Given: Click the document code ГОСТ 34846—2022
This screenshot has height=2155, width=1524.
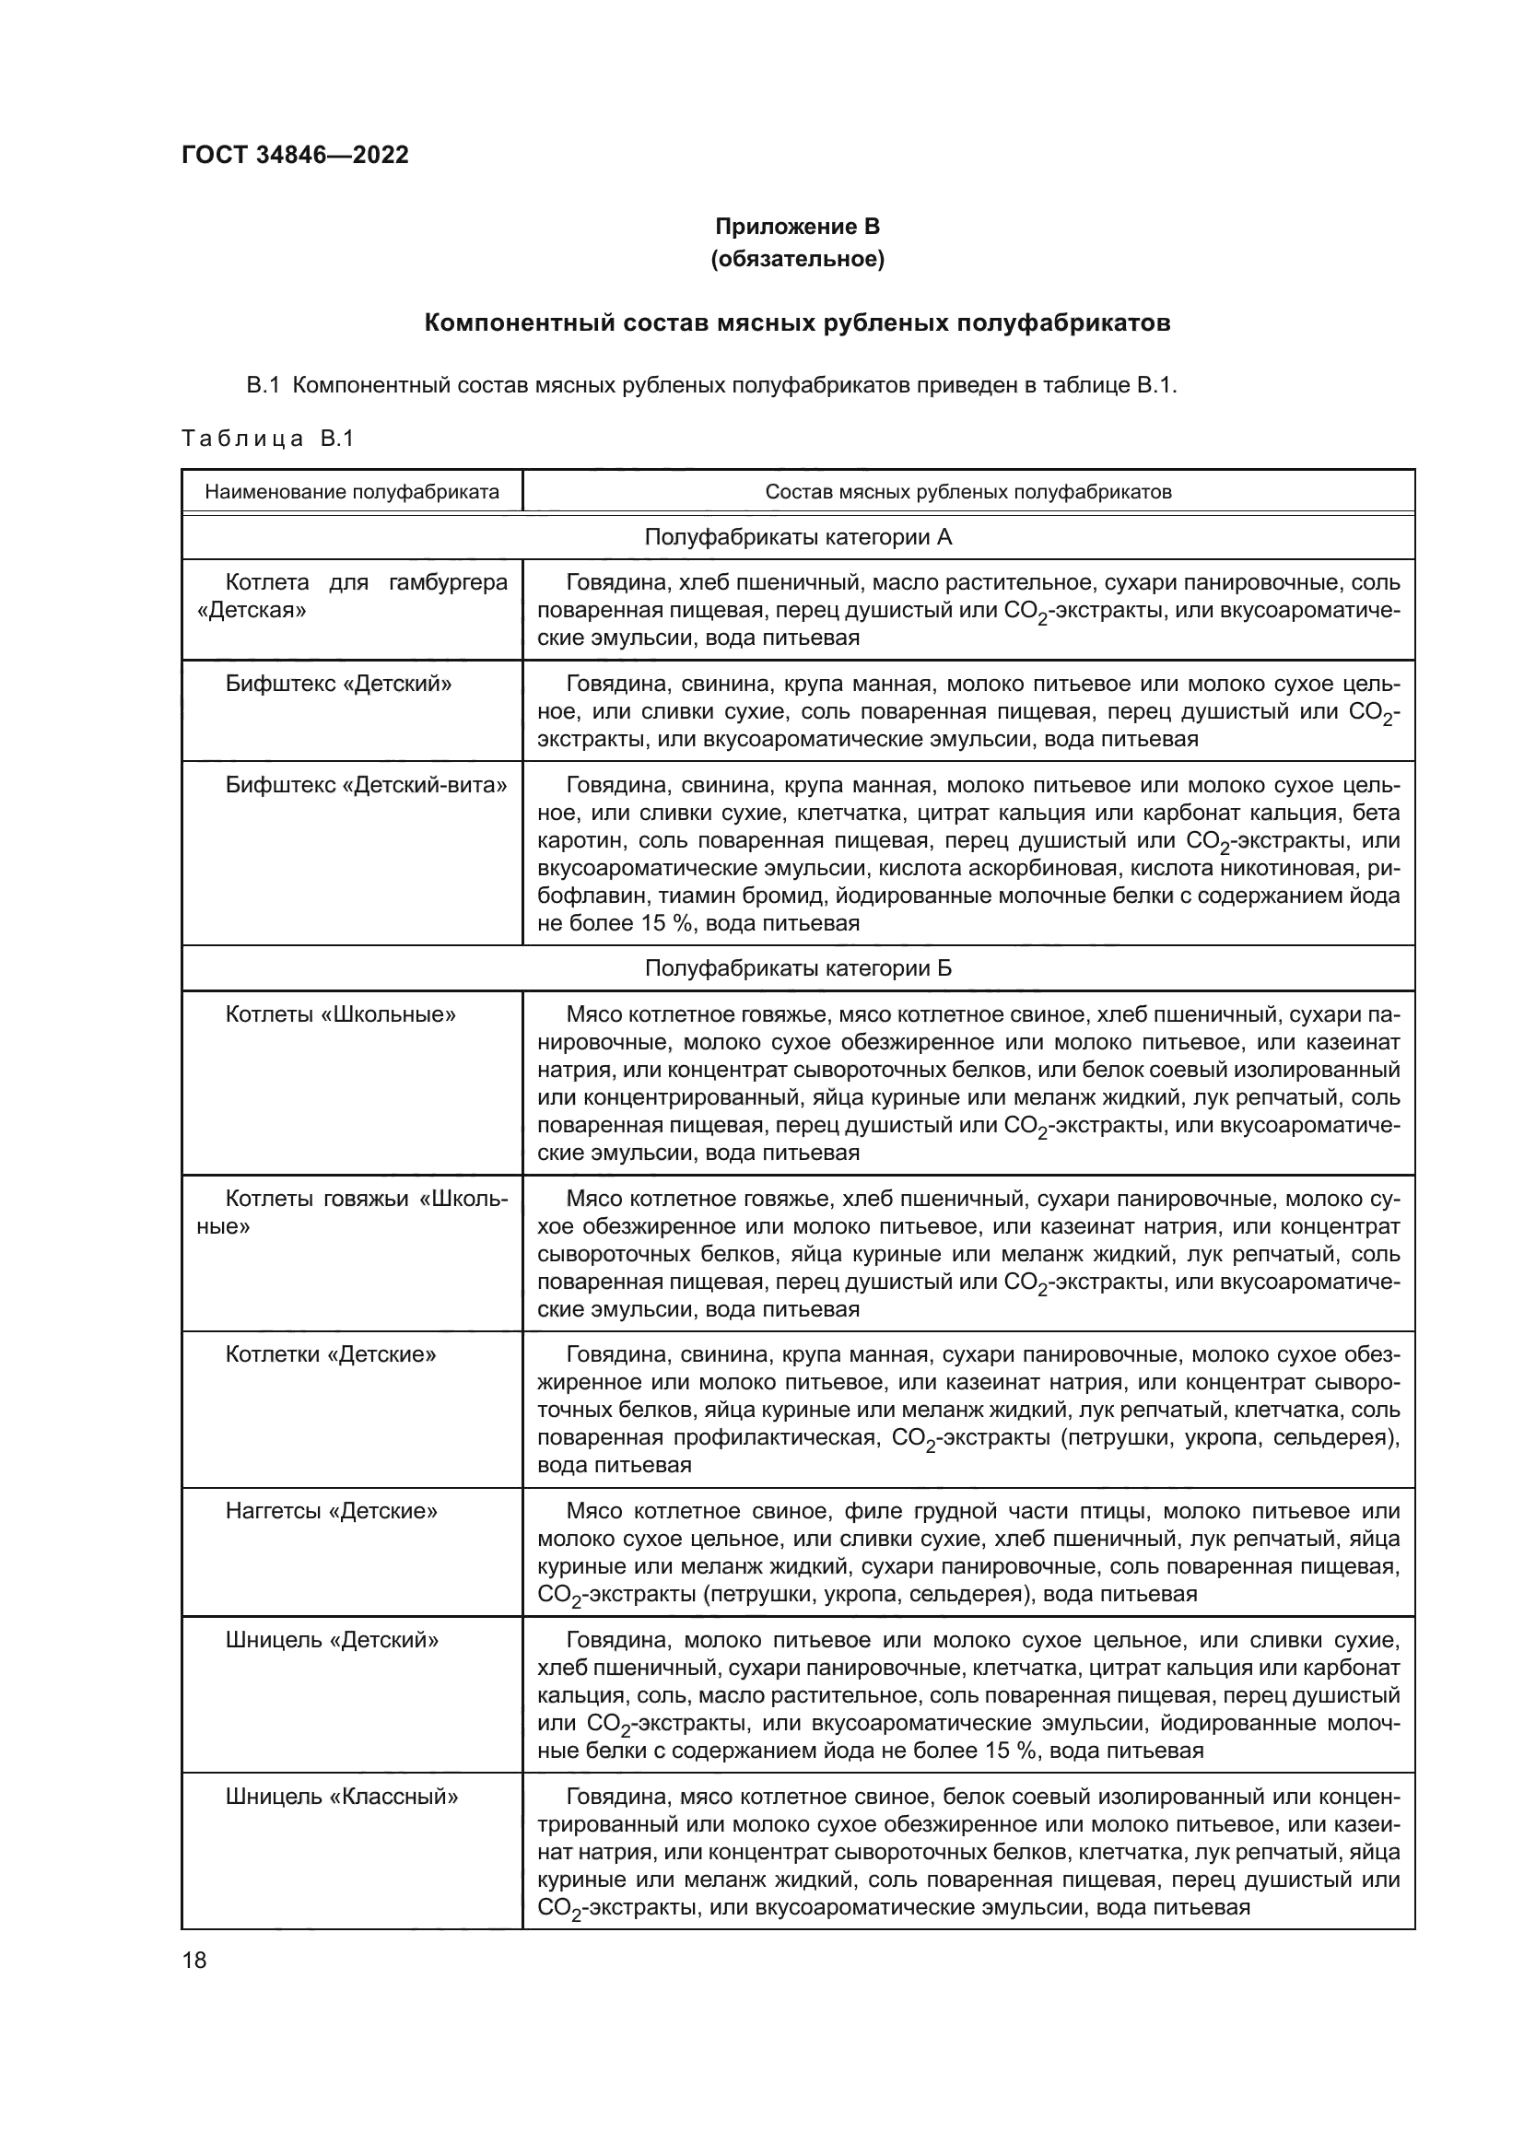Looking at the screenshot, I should (x=295, y=155).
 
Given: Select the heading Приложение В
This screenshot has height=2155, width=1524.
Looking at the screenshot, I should (x=797, y=227).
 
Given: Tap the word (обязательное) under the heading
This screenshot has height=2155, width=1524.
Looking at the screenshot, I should (x=797, y=259).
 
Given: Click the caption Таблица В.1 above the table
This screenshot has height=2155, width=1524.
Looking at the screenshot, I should (x=267, y=439).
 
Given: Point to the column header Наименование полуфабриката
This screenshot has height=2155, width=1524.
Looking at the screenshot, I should (x=352, y=492).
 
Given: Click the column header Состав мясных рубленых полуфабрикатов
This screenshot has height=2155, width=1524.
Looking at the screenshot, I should (x=967, y=492).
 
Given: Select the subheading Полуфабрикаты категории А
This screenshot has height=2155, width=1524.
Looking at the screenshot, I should (x=798, y=537).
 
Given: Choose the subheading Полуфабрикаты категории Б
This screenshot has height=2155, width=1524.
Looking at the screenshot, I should (x=798, y=967).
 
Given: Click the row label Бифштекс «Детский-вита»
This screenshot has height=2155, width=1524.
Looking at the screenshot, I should (x=366, y=785).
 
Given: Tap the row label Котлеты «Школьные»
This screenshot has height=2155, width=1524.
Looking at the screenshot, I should (x=341, y=1014).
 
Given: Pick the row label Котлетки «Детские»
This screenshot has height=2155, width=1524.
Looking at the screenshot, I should (x=331, y=1354).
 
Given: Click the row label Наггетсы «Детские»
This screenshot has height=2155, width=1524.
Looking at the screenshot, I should (x=332, y=1511).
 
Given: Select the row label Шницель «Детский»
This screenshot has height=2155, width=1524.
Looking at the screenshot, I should (x=333, y=1640).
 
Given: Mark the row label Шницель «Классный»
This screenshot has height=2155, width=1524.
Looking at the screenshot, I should (x=342, y=1797).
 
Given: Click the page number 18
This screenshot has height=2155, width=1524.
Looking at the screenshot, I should (x=194, y=1960).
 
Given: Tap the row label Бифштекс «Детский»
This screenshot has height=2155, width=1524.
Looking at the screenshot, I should (x=338, y=684).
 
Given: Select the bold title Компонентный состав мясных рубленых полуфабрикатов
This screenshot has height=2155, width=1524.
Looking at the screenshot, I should (x=797, y=322).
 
